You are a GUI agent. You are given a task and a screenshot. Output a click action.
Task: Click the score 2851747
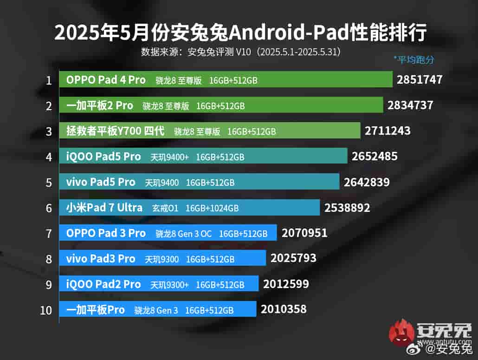point(420,80)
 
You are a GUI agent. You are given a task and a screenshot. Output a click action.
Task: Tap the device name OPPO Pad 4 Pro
point(106,80)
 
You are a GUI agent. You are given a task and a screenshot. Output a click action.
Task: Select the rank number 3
point(49,131)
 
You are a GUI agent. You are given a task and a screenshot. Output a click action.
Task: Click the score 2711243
point(388,131)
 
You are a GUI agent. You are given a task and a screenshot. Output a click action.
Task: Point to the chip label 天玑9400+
point(169,157)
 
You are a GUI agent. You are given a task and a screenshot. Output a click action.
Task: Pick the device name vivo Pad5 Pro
point(101,182)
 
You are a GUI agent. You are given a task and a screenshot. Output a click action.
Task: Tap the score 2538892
point(347,208)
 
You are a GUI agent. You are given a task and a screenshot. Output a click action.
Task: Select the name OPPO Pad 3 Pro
point(106,233)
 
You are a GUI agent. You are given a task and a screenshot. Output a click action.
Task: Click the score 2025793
point(293,258)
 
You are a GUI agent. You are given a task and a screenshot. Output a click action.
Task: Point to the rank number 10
point(46,310)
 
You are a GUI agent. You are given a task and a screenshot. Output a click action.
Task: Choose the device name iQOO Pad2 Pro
point(103,284)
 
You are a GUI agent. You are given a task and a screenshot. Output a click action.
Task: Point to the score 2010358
point(284,308)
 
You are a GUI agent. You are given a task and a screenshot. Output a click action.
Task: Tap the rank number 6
point(49,208)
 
